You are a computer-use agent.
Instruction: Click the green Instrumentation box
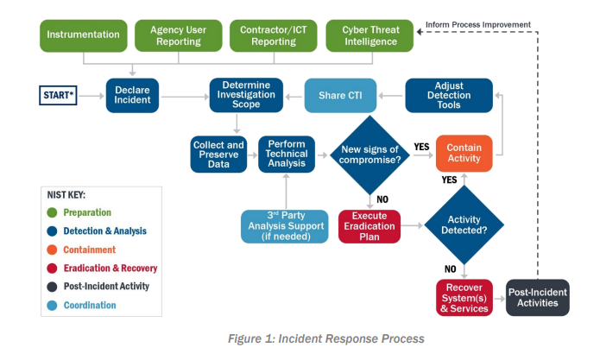click(x=83, y=35)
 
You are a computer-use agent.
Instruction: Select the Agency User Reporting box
click(x=178, y=35)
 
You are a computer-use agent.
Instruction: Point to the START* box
click(x=60, y=95)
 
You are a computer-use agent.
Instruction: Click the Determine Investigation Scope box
click(x=247, y=95)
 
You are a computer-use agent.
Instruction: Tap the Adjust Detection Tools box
click(x=449, y=95)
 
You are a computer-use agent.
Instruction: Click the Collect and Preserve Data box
click(x=218, y=154)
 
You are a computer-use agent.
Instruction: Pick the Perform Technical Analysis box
click(x=287, y=154)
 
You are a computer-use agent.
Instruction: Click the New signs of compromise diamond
click(x=369, y=154)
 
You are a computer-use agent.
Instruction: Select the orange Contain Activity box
click(x=464, y=154)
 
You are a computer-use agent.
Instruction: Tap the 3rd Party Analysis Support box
click(x=284, y=226)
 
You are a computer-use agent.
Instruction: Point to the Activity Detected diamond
click(x=464, y=226)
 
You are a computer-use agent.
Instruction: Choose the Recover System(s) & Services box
click(x=463, y=297)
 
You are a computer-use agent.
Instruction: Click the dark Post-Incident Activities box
click(x=537, y=297)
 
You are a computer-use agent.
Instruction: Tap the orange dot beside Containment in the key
click(x=54, y=249)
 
